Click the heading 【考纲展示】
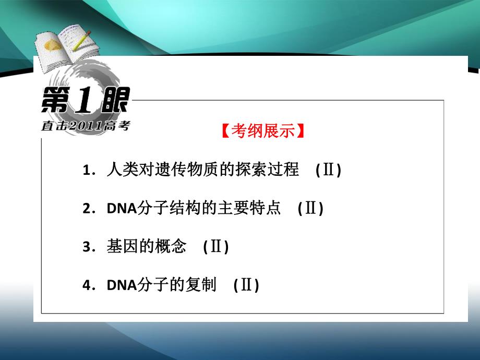[261, 131]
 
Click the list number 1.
[86, 171]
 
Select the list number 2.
[86, 209]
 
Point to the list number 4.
[86, 286]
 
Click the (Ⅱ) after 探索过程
[328, 171]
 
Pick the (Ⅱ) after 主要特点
[310, 209]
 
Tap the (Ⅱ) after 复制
[246, 286]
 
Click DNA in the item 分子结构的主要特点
[121, 209]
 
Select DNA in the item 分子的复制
[121, 286]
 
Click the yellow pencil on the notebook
[81, 41]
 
